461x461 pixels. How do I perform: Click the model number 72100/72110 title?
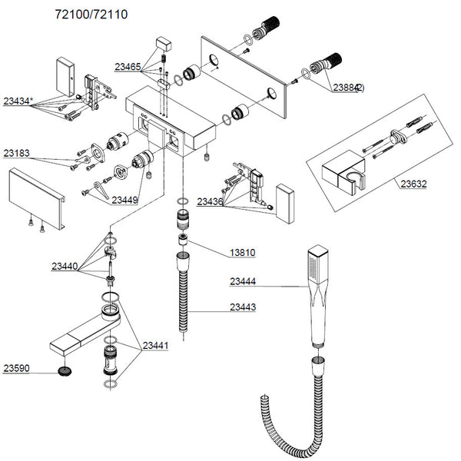pos(91,15)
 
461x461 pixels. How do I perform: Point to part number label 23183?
pos(18,153)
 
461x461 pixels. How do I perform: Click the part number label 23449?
pos(125,201)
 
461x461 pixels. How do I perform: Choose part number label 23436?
pos(210,201)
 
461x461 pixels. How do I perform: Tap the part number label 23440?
pos(67,267)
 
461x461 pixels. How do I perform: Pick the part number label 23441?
pos(155,347)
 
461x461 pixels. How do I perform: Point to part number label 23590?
pos(18,368)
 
